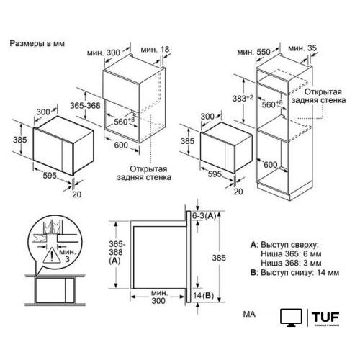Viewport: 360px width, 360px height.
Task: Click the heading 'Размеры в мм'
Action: pyautogui.click(x=37, y=44)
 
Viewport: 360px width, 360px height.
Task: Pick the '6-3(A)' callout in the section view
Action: pyautogui.click(x=206, y=215)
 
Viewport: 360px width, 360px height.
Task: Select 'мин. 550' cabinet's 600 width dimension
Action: pyautogui.click(x=289, y=165)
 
